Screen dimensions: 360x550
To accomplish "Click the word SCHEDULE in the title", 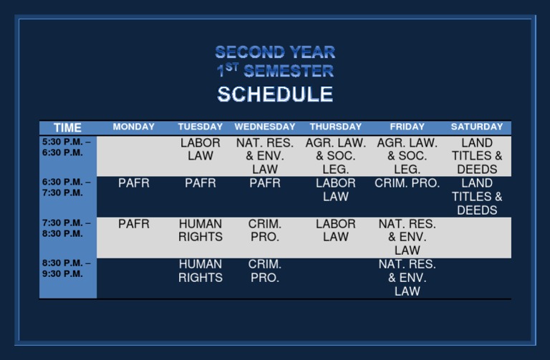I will (x=275, y=94).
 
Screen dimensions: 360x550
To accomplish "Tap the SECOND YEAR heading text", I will (x=275, y=52).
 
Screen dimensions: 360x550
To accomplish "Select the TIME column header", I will (x=67, y=127).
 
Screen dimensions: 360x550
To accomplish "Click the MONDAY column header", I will (x=134, y=127).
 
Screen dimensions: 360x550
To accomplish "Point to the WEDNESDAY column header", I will (x=265, y=127).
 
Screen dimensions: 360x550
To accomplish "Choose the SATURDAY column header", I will (x=477, y=127).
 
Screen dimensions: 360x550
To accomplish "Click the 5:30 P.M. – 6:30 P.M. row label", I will (x=66, y=147).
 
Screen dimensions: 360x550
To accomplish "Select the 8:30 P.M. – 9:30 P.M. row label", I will (x=66, y=268).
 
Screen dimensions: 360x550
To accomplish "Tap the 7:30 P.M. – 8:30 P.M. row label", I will (x=66, y=228).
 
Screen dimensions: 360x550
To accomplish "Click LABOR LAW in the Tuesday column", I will (x=201, y=150).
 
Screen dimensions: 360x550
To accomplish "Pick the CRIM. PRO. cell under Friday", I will (x=407, y=183).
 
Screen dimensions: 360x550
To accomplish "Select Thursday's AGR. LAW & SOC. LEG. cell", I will (x=335, y=156).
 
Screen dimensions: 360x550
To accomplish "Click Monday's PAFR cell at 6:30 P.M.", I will (x=134, y=183).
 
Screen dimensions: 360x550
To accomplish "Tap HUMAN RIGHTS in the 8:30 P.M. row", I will (x=201, y=271).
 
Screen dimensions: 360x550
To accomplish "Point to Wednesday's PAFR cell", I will (x=265, y=183).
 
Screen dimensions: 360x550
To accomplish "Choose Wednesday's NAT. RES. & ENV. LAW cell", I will (x=265, y=156).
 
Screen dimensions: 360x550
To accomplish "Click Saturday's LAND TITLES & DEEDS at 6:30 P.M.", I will (x=477, y=197).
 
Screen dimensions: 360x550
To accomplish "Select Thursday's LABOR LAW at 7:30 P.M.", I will (x=335, y=230).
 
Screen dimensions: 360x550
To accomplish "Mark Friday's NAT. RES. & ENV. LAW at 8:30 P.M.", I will (x=407, y=278).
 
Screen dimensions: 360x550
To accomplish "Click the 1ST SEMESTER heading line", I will (x=275, y=71).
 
